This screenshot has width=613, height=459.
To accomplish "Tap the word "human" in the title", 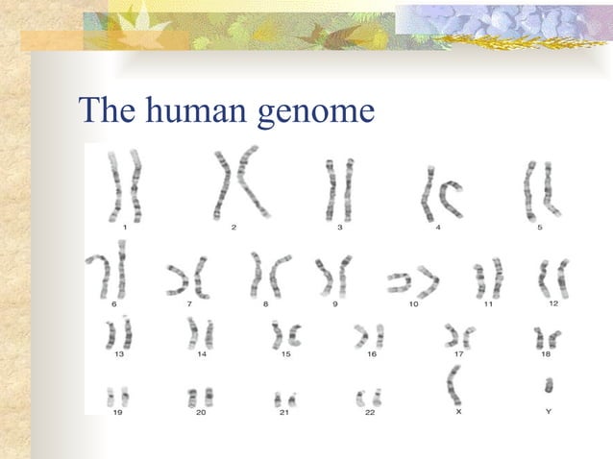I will (197, 111).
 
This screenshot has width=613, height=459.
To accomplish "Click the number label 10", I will (413, 303).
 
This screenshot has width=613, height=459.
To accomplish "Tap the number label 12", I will (553, 303).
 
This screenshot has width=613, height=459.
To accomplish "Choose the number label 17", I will (459, 354).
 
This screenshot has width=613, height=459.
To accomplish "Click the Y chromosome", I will (549, 386).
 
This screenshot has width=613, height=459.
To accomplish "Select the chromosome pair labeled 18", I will (548, 337).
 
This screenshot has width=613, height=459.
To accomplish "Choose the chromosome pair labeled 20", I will (200, 395).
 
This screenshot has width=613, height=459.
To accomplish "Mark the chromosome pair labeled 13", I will (119, 333).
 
